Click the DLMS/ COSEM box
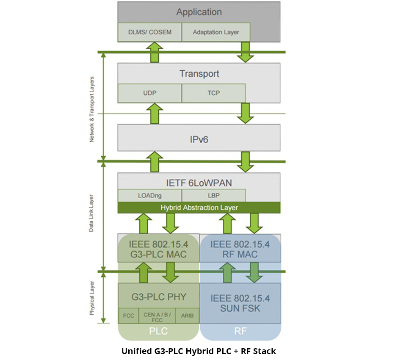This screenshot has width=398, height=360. (149, 32)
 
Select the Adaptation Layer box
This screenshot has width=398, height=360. (216, 32)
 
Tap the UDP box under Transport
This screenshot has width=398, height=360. (149, 93)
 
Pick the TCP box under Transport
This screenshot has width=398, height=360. (213, 93)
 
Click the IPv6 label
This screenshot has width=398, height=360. (199, 138)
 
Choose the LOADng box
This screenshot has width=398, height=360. (149, 196)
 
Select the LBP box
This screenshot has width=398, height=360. (213, 196)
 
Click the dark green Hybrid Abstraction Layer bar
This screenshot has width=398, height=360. (199, 208)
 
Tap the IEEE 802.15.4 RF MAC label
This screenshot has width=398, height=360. (240, 249)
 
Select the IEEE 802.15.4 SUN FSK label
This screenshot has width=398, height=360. (240, 303)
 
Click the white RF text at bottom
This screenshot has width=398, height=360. (240, 331)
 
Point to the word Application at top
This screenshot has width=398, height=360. (199, 12)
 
